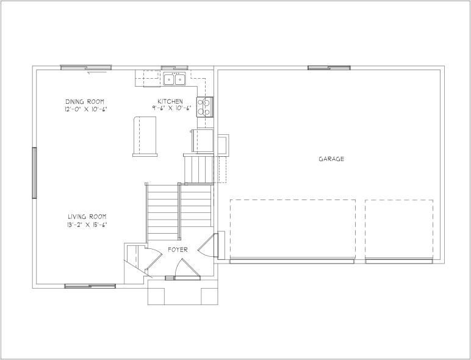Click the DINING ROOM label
pyautogui.click(x=85, y=101)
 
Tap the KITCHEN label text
pyautogui.click(x=170, y=101)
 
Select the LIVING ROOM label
pyautogui.click(x=87, y=217)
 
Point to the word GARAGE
pyautogui.click(x=331, y=159)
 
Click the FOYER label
pyautogui.click(x=178, y=250)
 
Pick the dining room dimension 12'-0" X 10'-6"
pyautogui.click(x=86, y=109)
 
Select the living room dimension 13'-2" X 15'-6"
pyautogui.click(x=87, y=225)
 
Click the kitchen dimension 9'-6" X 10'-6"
pyautogui.click(x=171, y=109)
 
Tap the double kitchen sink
pyautogui.click(x=174, y=79)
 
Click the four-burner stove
pyautogui.click(x=205, y=107)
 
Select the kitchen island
pyautogui.click(x=145, y=137)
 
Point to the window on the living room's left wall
pyautogui.click(x=34, y=173)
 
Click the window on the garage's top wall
pyautogui.click(x=329, y=68)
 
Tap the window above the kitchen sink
pyautogui.click(x=174, y=68)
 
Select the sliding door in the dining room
pyautogui.click(x=86, y=68)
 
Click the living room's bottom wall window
pyautogui.click(x=90, y=286)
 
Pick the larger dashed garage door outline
pyautogui.click(x=293, y=229)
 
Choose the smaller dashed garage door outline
pyautogui.click(x=399, y=229)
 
